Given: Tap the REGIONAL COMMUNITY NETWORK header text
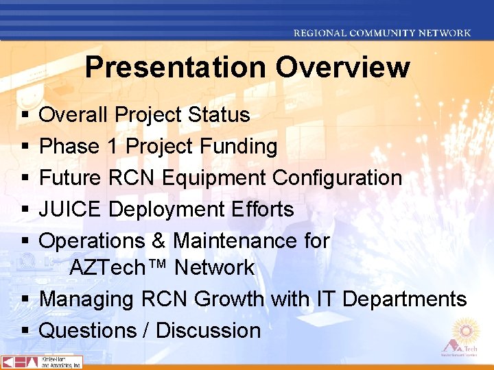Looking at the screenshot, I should tap(382, 33).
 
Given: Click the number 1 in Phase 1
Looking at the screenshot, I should tap(112, 146).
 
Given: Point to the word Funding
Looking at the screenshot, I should tap(239, 146).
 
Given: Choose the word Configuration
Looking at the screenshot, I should tap(337, 177).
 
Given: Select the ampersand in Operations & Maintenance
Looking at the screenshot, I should tap(158, 241).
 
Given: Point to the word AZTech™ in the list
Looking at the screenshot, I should tap(119, 267).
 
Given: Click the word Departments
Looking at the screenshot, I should tap(404, 299).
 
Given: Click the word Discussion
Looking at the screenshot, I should tap(209, 330).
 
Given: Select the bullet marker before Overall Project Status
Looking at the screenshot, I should tap(25, 115).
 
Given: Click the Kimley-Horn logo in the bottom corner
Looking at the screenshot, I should tap(42, 362).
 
